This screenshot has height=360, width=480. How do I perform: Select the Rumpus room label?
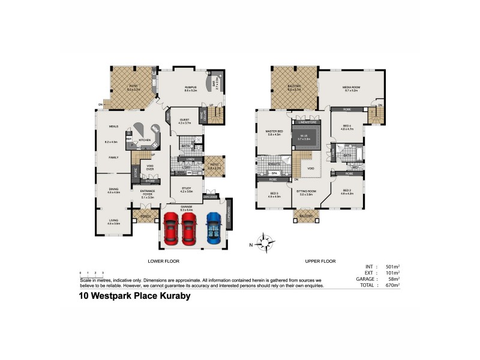coord(191,88)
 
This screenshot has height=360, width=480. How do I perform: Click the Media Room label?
coord(352,88)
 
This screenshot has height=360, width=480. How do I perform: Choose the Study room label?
coord(186,189)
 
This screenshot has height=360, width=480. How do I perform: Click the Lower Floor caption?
coord(163,261)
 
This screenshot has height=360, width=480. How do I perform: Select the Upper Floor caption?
coord(320,261)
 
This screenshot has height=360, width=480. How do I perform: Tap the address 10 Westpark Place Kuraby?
coord(134,295)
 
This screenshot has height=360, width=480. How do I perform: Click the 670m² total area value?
coord(393,285)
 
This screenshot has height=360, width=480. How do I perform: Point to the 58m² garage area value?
coord(394,279)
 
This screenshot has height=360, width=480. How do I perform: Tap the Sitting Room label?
coord(305,190)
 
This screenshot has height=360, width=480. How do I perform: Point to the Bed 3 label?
coord(274,194)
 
